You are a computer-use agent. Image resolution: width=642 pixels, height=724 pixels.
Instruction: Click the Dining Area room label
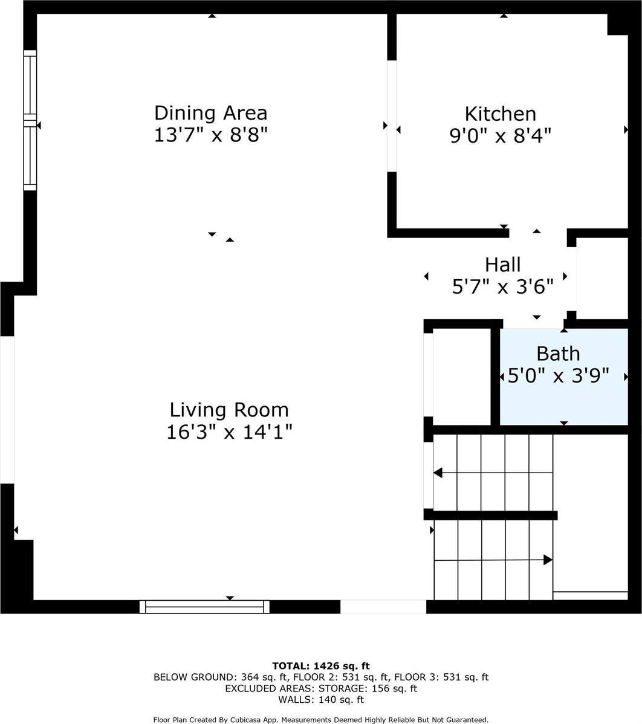tap(210, 113)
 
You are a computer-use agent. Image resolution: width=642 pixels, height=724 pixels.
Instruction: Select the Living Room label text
tap(229, 410)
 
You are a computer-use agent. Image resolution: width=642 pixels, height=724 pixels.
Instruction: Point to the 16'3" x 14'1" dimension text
tap(229, 432)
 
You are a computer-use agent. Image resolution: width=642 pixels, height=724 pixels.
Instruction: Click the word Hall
tap(502, 264)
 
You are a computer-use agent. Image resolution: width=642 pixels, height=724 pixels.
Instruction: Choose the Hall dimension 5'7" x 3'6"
tap(502, 286)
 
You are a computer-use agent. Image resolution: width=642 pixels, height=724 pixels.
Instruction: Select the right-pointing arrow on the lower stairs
tap(548, 560)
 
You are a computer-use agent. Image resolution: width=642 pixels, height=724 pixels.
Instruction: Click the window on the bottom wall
tap(204, 607)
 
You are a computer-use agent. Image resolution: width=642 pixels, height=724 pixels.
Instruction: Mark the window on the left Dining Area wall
tap(30, 121)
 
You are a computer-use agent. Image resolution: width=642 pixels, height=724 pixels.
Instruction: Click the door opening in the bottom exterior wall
tap(383, 607)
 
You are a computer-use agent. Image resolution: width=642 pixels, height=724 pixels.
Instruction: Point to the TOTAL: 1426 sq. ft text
tap(320, 666)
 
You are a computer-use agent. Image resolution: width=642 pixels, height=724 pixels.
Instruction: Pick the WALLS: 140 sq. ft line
tap(320, 700)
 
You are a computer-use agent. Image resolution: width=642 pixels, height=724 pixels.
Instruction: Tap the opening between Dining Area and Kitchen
tap(392, 116)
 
